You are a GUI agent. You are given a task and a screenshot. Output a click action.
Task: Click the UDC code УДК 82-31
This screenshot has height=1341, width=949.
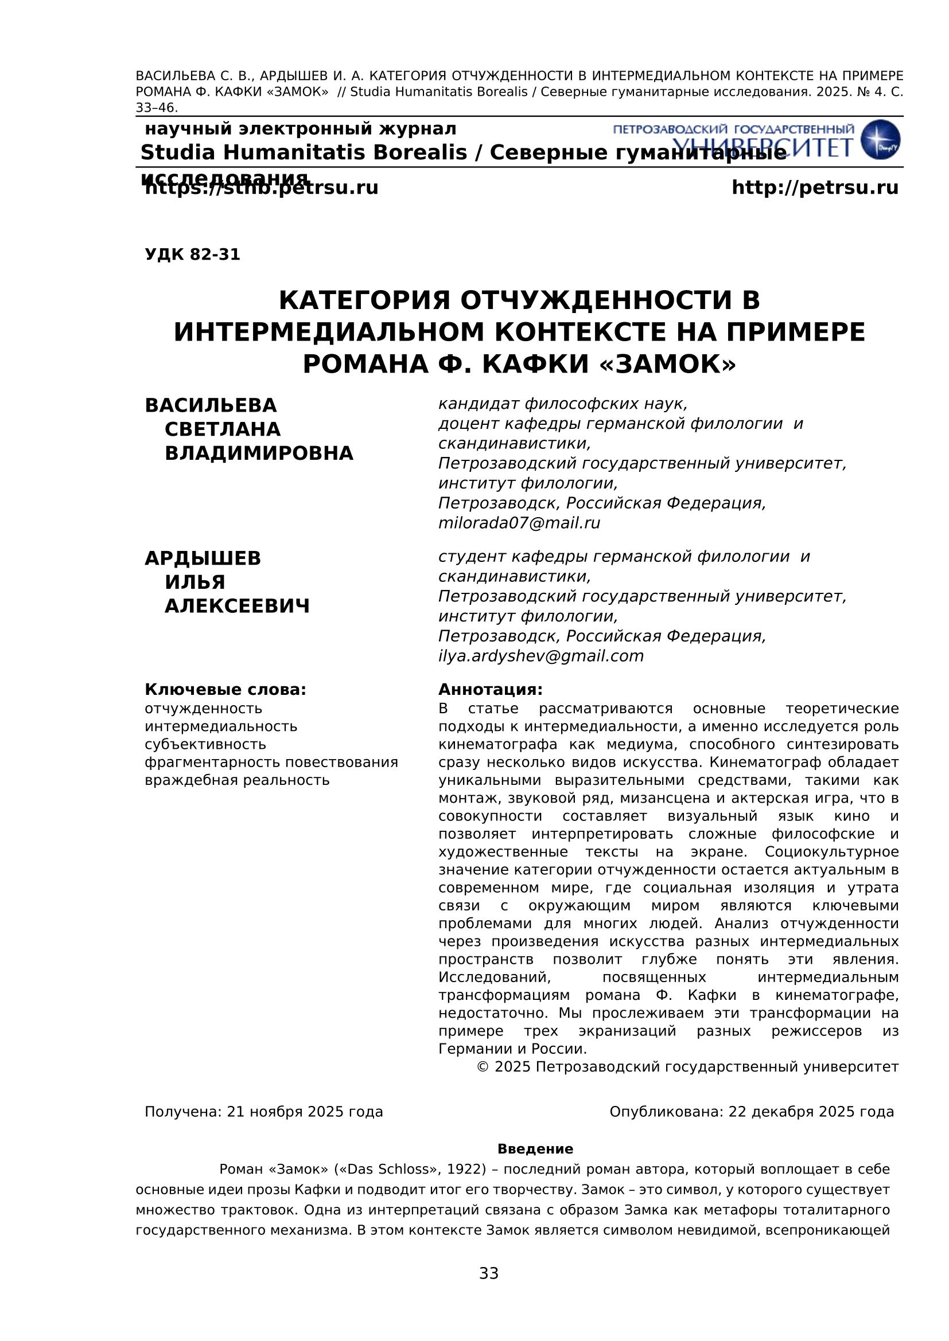pos(192,255)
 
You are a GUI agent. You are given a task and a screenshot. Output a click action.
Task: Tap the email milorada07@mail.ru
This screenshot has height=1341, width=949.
pos(519,523)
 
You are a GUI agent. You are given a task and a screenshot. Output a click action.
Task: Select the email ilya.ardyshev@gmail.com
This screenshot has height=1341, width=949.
pos(540,656)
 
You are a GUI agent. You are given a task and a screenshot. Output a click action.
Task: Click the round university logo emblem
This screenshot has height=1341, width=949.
pos(881,140)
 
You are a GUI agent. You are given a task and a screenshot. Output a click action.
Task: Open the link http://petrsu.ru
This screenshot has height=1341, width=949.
pos(815,188)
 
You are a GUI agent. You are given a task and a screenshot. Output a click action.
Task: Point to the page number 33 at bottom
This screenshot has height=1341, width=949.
pos(488,1273)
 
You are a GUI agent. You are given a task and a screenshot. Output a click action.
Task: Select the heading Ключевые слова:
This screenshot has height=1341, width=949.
pos(225,689)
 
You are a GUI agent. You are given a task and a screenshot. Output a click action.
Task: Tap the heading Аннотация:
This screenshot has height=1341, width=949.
pos(490,689)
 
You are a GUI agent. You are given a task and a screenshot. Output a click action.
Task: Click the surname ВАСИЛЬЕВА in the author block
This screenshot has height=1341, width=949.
pos(211,405)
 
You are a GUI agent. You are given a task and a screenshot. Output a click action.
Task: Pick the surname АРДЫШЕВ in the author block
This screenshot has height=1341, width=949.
pos(203,558)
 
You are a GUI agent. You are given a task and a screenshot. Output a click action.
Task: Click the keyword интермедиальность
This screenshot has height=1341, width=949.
pos(221,726)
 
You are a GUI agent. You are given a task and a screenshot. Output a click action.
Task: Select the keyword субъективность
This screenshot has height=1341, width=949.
pos(205,745)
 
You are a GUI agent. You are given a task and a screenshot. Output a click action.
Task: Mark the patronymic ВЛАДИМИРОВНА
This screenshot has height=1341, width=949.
pos(259,453)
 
